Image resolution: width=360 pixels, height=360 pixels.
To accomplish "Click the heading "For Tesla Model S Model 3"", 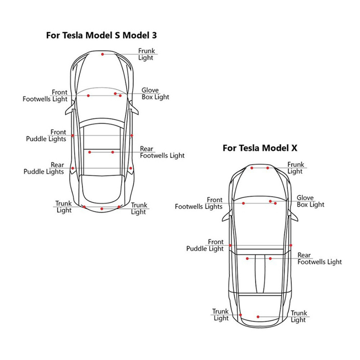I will point(101,35).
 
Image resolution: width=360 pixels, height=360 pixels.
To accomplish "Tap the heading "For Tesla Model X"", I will point(259,148).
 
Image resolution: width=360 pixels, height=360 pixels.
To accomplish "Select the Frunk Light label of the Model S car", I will point(146,54).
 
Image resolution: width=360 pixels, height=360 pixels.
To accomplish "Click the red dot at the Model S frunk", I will point(102,54).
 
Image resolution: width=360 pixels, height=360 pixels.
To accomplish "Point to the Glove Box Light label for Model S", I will point(155,94).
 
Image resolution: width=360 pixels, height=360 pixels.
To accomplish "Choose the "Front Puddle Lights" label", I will point(46,136).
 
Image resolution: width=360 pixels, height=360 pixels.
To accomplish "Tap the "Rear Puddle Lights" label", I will point(44,168).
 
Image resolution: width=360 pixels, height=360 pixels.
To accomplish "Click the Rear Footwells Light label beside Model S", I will point(162,152).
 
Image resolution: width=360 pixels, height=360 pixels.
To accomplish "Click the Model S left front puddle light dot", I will point(72,135).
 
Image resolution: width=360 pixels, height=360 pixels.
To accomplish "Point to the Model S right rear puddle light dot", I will point(131,168).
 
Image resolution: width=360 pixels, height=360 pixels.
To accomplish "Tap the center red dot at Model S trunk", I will point(102,209).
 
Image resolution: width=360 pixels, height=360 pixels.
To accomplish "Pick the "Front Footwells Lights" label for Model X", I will point(199,203).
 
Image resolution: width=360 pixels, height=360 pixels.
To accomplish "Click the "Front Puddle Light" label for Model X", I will point(205,245).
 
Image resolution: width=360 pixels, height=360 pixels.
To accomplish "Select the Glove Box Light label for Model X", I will point(310,201).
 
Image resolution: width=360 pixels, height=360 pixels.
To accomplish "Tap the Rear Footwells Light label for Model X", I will point(319,259).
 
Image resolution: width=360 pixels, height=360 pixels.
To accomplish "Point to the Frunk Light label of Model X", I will point(296,168).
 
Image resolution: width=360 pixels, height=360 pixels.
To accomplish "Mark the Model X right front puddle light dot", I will point(291,245).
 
